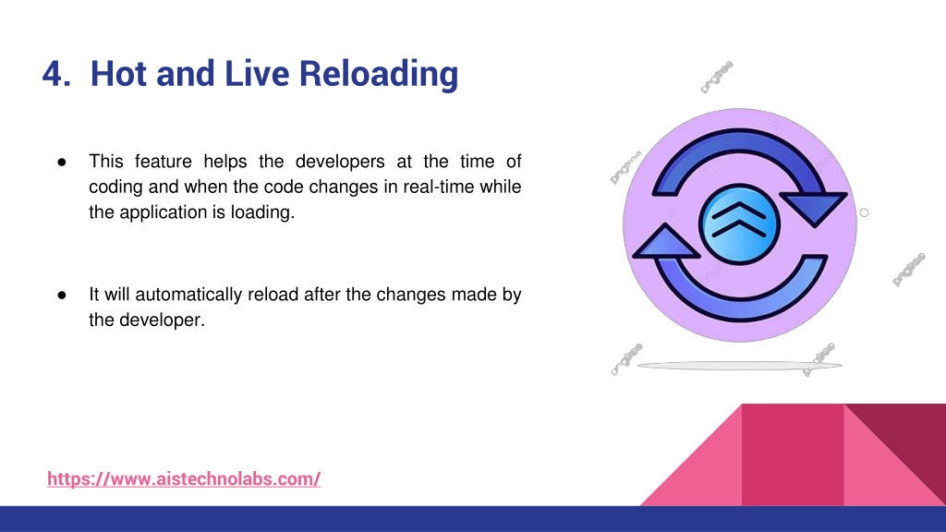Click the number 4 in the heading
53,74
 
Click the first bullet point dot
62,162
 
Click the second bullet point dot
62,295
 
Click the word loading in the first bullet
262,213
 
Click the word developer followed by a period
162,320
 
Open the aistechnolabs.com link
184,479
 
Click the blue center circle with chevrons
739,224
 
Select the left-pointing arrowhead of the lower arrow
666,241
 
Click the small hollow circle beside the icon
864,213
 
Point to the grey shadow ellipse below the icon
740,366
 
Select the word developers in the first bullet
340,162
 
